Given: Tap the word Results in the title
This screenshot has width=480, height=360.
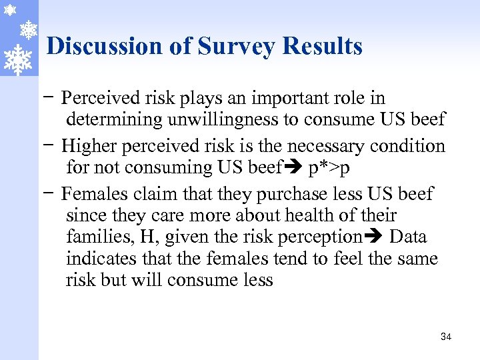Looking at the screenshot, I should [x=323, y=47].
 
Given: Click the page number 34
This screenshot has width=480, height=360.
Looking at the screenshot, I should [x=446, y=337].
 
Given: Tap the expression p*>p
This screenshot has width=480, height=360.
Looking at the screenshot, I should [x=329, y=167].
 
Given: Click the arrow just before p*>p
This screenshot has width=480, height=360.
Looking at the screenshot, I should [x=294, y=167].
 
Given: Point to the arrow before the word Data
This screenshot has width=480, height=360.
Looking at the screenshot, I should [x=374, y=237].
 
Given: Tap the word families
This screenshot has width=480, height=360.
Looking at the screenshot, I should [x=93, y=237].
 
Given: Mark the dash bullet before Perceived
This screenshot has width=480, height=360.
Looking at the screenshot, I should [x=51, y=99].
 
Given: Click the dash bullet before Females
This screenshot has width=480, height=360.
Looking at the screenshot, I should [x=51, y=195].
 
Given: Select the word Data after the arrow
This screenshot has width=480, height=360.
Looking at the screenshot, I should [x=408, y=237].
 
